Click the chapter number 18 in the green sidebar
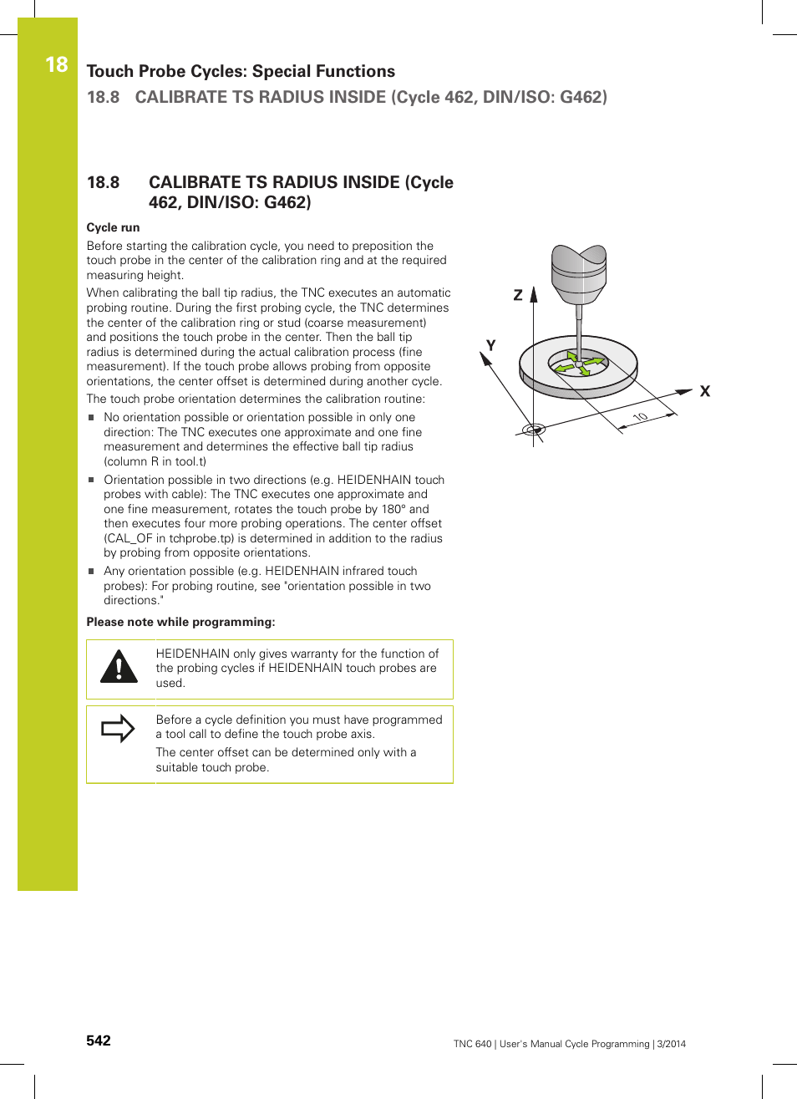[x=56, y=64]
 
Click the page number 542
[x=99, y=1040]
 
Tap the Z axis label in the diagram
[x=518, y=295]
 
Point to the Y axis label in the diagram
[x=490, y=345]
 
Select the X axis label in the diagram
[x=705, y=391]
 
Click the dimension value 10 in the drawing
[x=640, y=417]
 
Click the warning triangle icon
[x=119, y=667]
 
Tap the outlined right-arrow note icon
[x=118, y=729]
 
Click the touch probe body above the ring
[x=578, y=274]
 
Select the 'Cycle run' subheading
[x=113, y=227]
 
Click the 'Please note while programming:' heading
[x=180, y=622]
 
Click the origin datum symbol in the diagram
[x=533, y=430]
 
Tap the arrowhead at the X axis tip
[x=685, y=391]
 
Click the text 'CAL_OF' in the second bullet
[x=129, y=538]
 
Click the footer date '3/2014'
[x=671, y=1044]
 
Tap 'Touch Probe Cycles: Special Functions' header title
[x=241, y=71]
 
